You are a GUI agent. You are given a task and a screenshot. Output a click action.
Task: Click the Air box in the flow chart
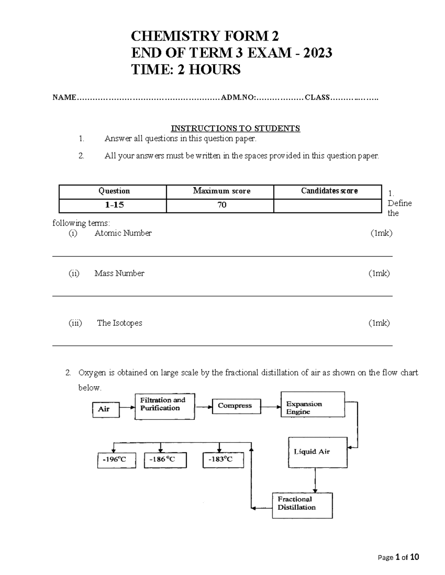coord(106,409)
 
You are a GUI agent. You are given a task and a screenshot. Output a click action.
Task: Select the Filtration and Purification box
coord(165,406)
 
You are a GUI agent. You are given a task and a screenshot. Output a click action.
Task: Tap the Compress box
coord(236,406)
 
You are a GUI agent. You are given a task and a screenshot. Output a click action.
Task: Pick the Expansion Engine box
coord(313,405)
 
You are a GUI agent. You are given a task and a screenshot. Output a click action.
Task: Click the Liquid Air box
coord(317,452)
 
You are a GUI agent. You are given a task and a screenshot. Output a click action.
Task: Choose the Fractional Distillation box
coord(302,505)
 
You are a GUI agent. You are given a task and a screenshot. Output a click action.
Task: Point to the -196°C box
coord(116,460)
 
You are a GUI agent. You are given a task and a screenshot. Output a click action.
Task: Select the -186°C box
coord(165,460)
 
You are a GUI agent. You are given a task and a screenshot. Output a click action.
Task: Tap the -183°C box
coord(223,460)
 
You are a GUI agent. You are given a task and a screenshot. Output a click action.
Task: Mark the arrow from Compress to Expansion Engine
coord(271,407)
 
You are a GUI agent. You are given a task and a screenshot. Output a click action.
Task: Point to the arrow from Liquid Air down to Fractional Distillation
coord(315,480)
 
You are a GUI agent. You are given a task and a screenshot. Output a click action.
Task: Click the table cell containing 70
coord(222,205)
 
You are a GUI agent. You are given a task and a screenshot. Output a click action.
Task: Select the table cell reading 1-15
coord(113,205)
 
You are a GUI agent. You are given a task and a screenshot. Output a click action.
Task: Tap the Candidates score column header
coord(329,191)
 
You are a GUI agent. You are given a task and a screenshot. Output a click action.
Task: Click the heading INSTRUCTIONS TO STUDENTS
coord(235,128)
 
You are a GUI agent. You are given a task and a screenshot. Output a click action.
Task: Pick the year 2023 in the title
coord(317,53)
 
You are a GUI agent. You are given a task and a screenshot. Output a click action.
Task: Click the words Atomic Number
coord(123,233)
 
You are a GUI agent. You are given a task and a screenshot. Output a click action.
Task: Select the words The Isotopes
coord(119,323)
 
